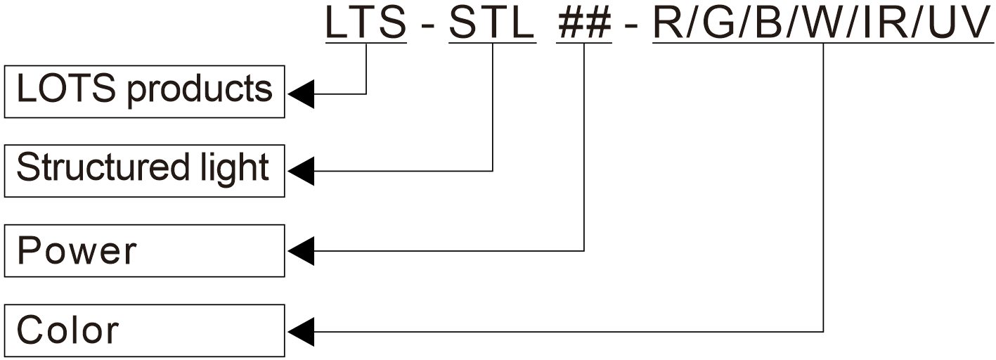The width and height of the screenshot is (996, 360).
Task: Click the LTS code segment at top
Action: pyautogui.click(x=366, y=23)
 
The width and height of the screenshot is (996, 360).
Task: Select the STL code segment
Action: pyautogui.click(x=492, y=23)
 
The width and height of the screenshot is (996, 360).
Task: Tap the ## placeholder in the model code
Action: pyautogui.click(x=584, y=23)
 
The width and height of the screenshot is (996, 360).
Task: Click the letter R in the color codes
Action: pyautogui.click(x=666, y=23)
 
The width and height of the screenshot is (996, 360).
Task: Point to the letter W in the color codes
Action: pyautogui.click(x=822, y=23)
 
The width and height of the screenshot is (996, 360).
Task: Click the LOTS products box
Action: pyautogui.click(x=144, y=91)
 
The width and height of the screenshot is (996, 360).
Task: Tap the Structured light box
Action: pyautogui.click(x=144, y=171)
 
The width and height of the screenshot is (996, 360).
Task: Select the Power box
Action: pyautogui.click(x=144, y=251)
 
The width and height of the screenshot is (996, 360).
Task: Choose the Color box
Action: pyautogui.click(x=144, y=330)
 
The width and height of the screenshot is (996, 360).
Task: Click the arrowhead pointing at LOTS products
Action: pyautogui.click(x=300, y=93)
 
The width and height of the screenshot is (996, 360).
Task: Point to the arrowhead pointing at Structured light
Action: pyautogui.click(x=300, y=171)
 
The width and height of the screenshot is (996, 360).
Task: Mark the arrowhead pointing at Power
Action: pyautogui.click(x=300, y=250)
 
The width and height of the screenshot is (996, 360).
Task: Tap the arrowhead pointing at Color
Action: pyautogui.click(x=300, y=330)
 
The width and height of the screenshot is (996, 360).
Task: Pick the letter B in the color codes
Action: pyautogui.click(x=768, y=23)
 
